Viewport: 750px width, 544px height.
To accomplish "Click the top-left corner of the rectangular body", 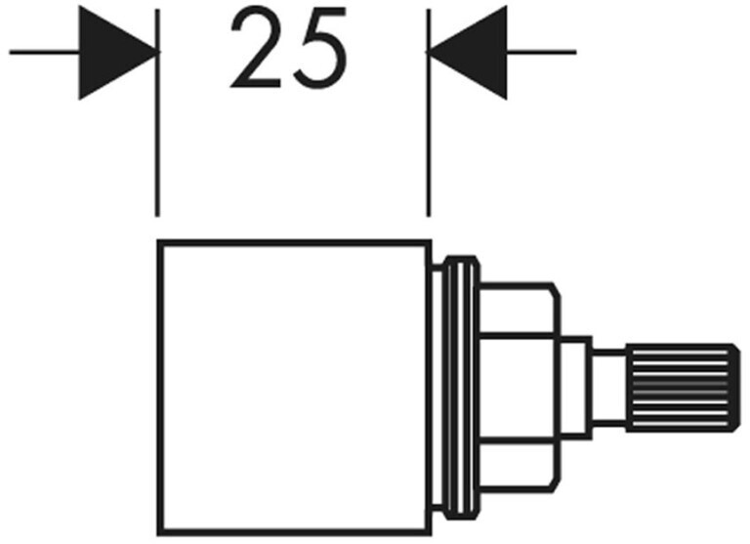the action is pos(158,242).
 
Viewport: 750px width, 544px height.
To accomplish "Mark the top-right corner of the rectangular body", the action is pos(429,242).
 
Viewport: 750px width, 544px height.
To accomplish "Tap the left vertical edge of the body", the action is pos(158,391).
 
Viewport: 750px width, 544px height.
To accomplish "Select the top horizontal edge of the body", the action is pos(293,242).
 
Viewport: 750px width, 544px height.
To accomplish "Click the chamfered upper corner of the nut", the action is pos(556,291).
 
